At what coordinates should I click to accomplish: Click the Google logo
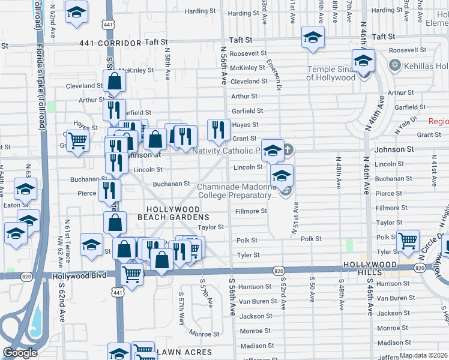pos(20,353)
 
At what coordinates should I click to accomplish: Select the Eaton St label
pos(12,205)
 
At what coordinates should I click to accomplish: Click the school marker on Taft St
pos(312,38)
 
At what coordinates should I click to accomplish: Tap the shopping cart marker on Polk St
pos(408,241)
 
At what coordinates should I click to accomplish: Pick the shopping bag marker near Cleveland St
pos(113,81)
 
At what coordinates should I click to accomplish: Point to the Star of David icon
pos(394,65)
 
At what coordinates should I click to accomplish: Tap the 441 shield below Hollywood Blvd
pos(118,292)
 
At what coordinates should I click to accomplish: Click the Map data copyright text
pos(423,355)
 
